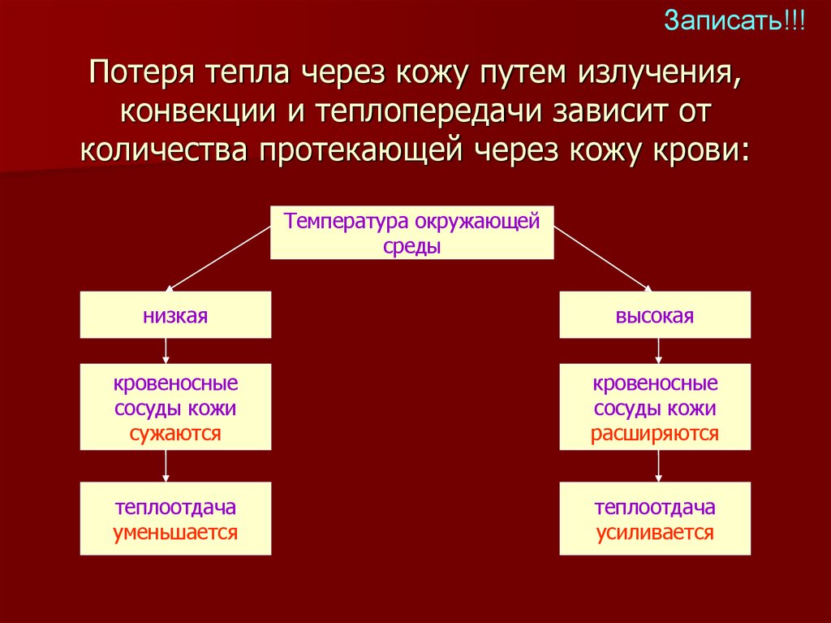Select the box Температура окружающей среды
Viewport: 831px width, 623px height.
(x=411, y=232)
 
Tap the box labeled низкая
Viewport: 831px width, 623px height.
(x=175, y=315)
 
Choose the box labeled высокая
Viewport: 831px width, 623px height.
(x=655, y=315)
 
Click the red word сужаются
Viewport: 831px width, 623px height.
(x=175, y=433)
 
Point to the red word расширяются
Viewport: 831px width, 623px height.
(x=655, y=433)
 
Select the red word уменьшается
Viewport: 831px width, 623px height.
(x=175, y=533)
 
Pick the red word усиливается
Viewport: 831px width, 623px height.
(x=655, y=533)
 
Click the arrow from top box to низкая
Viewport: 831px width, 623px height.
(x=217, y=257)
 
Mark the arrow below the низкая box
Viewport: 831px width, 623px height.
(x=166, y=350)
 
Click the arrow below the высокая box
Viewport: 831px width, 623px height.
(x=658, y=350)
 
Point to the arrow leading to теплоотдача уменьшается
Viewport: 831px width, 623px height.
(x=166, y=465)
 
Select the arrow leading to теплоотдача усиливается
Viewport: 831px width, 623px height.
(x=658, y=465)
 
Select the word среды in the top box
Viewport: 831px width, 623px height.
(x=411, y=245)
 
